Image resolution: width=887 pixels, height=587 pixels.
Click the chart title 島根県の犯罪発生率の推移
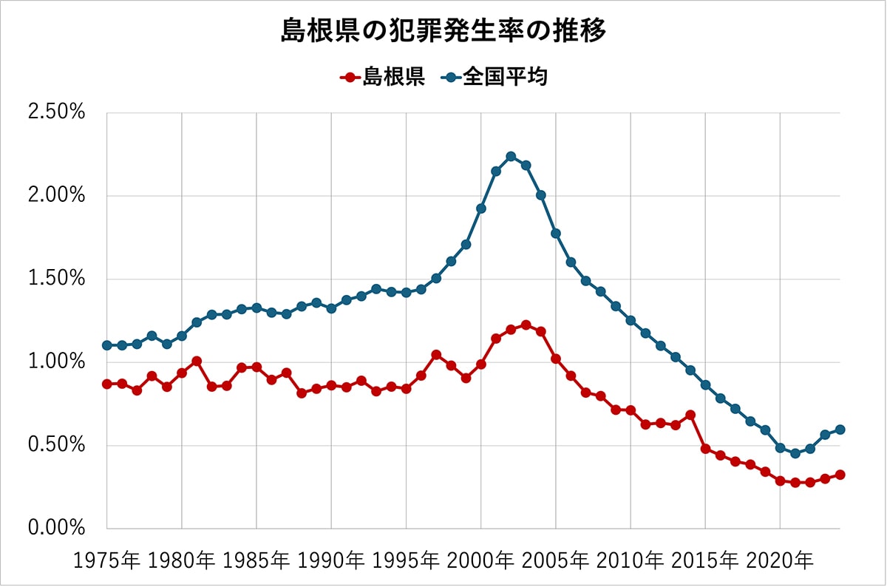click(443, 32)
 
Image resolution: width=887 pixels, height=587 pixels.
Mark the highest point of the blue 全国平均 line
click(511, 156)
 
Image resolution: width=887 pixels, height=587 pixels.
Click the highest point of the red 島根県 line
click(526, 325)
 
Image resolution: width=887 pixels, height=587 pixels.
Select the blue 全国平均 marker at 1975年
click(107, 345)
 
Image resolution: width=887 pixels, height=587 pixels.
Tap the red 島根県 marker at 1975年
click(107, 384)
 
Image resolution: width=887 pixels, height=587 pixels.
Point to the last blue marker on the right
click(840, 430)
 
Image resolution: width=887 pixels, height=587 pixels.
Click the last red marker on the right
click(840, 475)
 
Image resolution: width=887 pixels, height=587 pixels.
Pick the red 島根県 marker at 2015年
click(705, 449)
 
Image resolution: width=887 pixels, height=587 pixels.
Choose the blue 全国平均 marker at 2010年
click(631, 320)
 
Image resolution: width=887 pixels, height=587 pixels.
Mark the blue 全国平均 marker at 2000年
click(481, 208)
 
